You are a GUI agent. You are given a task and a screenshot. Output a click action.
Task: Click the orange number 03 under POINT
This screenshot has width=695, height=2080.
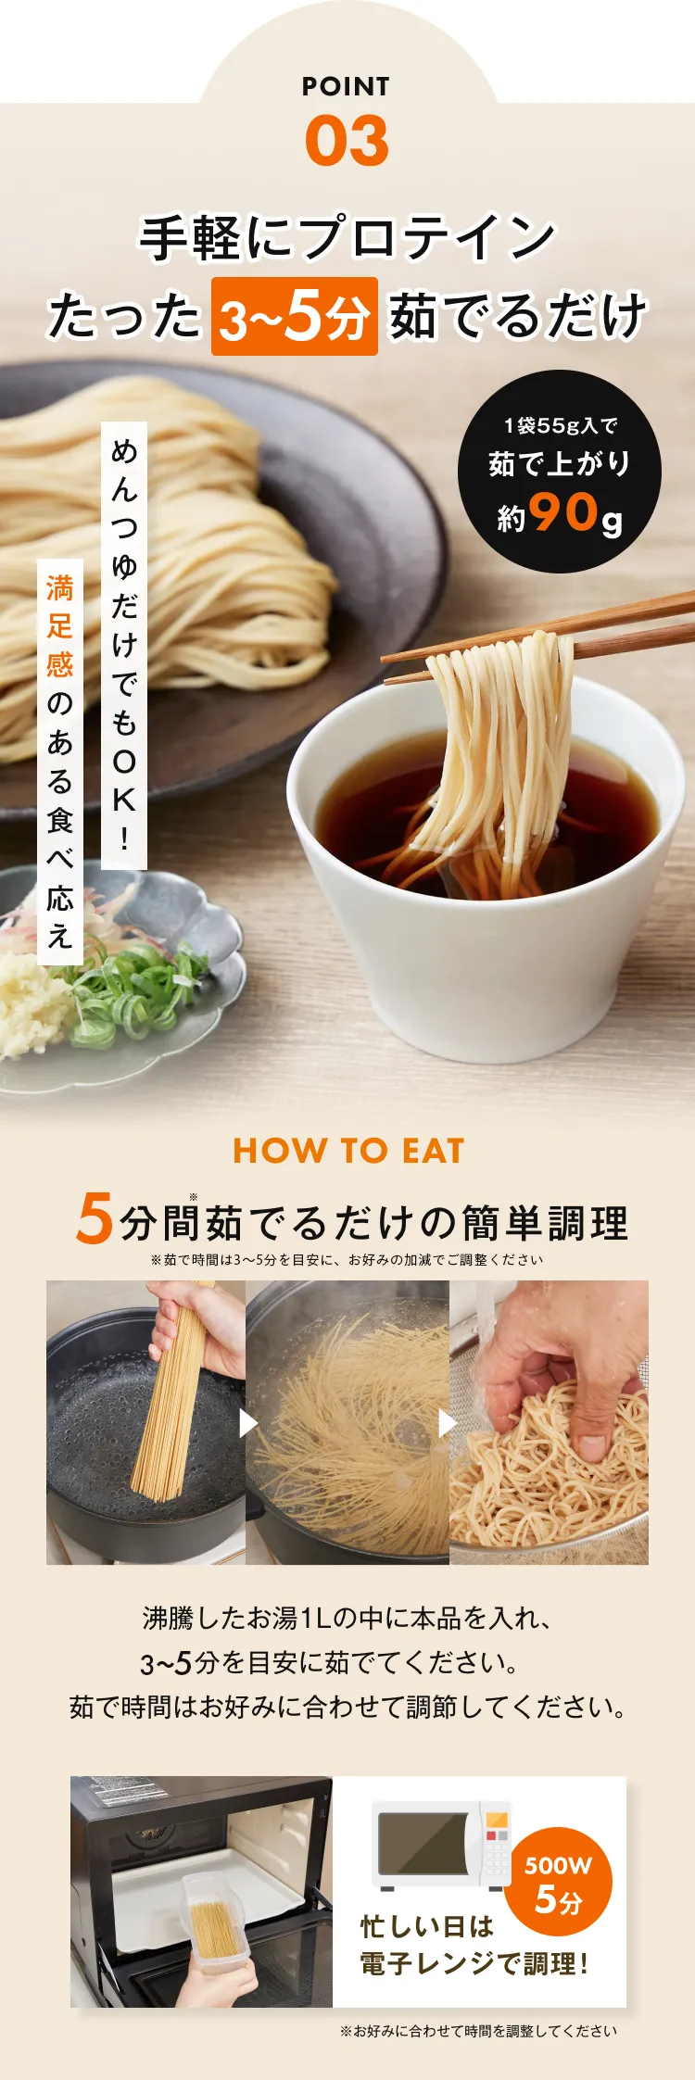(x=347, y=141)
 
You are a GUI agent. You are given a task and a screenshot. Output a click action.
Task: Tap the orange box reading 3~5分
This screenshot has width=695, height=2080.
(x=295, y=316)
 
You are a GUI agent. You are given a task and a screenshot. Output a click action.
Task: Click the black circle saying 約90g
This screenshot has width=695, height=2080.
(x=559, y=472)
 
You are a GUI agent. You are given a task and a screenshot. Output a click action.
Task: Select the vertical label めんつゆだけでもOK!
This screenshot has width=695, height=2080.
(x=124, y=645)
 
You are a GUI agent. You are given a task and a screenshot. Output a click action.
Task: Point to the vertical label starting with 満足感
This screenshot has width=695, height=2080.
(x=60, y=761)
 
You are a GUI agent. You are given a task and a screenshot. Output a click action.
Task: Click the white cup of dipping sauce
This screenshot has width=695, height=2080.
(x=486, y=862)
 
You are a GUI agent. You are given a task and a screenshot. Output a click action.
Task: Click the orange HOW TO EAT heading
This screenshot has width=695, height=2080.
(x=348, y=1151)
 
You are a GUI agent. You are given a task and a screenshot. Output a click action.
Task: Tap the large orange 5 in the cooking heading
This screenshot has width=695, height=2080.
(x=95, y=1217)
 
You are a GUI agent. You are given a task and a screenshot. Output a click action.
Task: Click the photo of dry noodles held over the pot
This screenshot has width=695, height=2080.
(x=146, y=1422)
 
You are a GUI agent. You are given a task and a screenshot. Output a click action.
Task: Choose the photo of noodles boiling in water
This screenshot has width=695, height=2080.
(x=347, y=1422)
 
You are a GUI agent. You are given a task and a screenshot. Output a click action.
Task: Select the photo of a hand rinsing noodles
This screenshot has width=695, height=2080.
(x=549, y=1422)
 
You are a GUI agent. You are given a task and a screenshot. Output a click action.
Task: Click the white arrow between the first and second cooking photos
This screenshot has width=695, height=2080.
(x=248, y=1423)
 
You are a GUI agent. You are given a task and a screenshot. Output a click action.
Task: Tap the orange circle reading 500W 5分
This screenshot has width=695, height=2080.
(x=559, y=1883)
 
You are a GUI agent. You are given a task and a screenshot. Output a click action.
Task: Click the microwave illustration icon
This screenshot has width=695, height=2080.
(x=441, y=1845)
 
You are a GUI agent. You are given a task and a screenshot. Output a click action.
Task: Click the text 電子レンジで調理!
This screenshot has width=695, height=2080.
(x=474, y=1963)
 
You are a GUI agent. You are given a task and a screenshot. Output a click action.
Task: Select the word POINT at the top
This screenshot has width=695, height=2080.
(x=347, y=86)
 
